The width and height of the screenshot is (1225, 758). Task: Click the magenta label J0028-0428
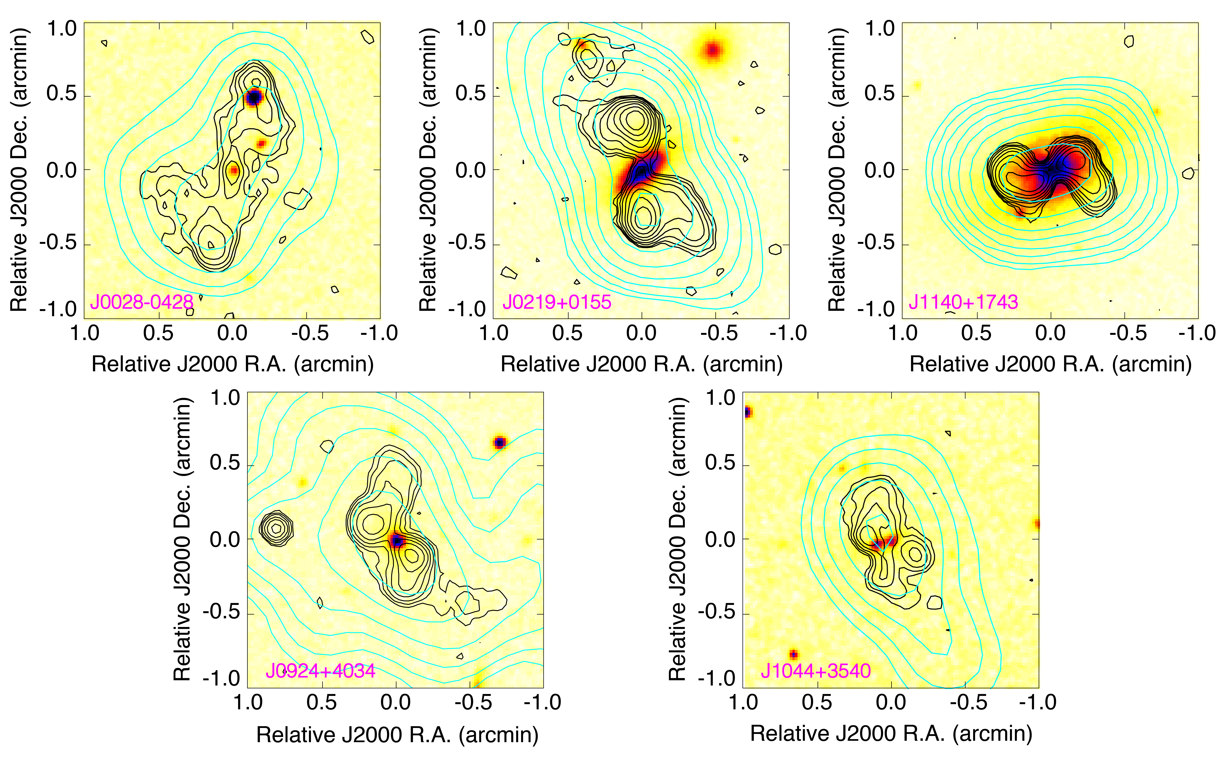(142, 302)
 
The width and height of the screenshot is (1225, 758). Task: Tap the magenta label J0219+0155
(557, 302)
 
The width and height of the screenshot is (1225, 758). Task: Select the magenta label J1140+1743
(963, 302)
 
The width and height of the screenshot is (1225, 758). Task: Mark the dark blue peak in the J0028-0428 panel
(254, 97)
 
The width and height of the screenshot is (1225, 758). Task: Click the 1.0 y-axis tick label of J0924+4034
(225, 398)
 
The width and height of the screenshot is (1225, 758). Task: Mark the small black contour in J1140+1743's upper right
(1129, 41)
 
